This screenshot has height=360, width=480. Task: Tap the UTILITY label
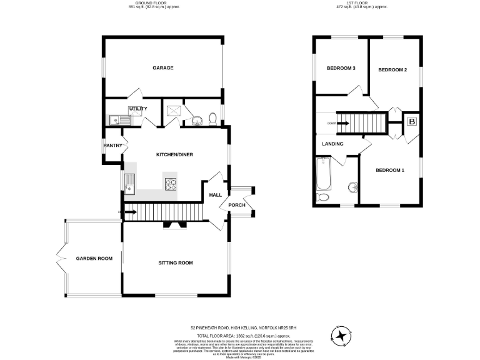[138, 109]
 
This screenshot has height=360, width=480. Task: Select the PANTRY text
[113, 146]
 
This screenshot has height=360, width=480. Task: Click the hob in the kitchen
[171, 184]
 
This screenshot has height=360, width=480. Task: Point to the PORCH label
[237, 206]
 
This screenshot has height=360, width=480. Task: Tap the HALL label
[215, 195]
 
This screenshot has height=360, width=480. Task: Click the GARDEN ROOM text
[94, 258]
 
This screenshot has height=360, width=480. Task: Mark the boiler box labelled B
[411, 122]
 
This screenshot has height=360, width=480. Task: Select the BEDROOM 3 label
[341, 68]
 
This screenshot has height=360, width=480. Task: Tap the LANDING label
[332, 144]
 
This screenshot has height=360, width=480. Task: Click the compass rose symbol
[341, 336]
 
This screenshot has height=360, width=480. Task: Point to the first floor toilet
[323, 197]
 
